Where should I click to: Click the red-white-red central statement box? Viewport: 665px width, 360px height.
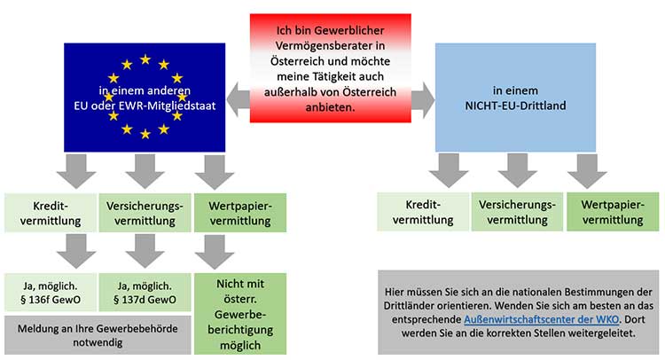tap(330, 67)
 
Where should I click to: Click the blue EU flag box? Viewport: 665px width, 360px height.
tap(145, 97)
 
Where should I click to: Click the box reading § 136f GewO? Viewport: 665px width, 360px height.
tap(50, 293)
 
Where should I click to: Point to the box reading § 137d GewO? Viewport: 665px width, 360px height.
tap(145, 293)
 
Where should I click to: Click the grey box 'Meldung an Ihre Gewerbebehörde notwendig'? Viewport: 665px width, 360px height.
tap(98, 334)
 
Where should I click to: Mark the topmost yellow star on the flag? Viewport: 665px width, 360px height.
tap(145, 59)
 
